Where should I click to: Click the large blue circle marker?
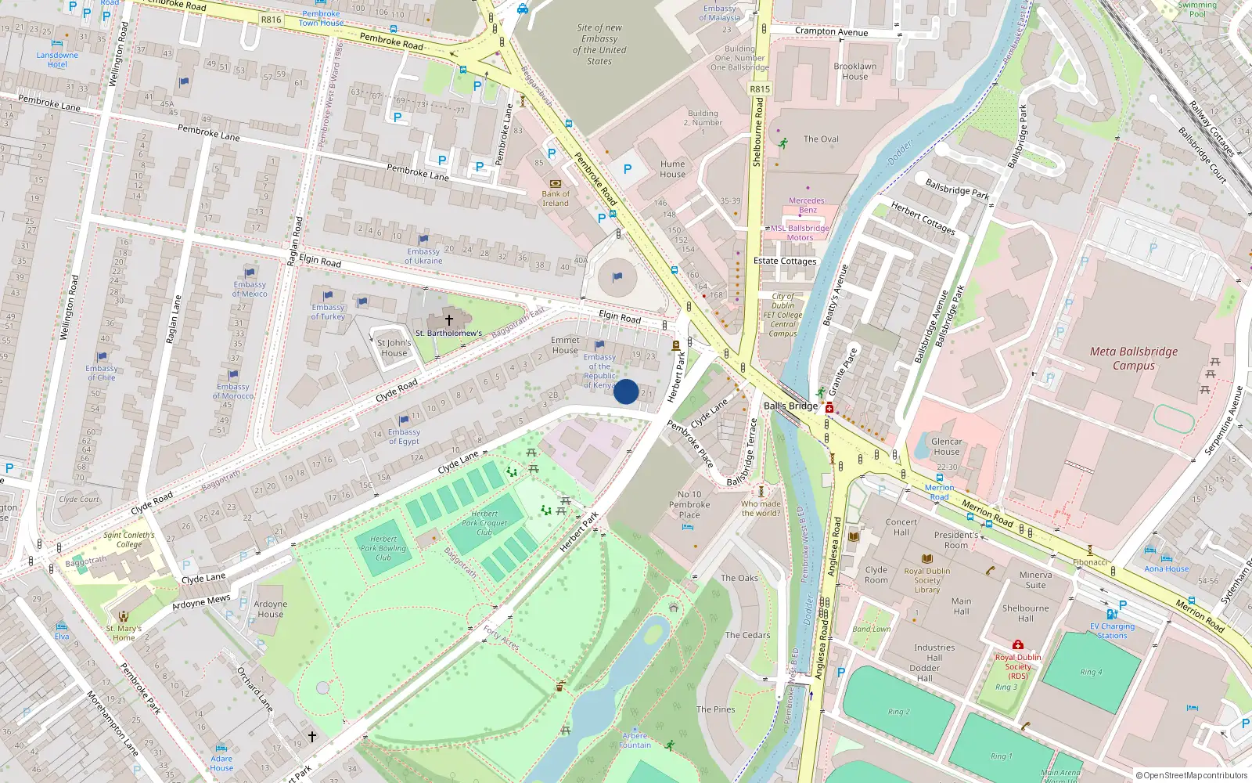626,391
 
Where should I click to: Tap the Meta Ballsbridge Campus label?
1133,359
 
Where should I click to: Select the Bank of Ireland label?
556,198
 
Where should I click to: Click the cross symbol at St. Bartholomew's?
449,319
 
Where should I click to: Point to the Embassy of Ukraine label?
423,256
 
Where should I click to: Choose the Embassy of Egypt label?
404,436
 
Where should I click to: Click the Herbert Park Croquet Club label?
484,523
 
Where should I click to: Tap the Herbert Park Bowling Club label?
383,547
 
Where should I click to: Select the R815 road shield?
760,89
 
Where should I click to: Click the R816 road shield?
271,20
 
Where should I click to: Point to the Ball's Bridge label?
790,406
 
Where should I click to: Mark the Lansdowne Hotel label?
57,60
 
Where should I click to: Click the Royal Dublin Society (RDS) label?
1017,666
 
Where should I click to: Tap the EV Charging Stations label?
1112,631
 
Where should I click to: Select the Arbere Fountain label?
635,741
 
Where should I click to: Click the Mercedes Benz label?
807,205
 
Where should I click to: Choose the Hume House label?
672,169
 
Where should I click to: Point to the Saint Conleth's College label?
129,539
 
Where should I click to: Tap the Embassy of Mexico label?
250,289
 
